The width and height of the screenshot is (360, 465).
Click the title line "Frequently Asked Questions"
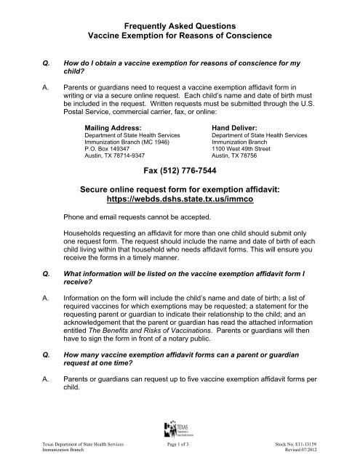pos(180,23)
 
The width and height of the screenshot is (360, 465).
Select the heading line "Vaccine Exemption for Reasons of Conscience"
pos(180,35)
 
